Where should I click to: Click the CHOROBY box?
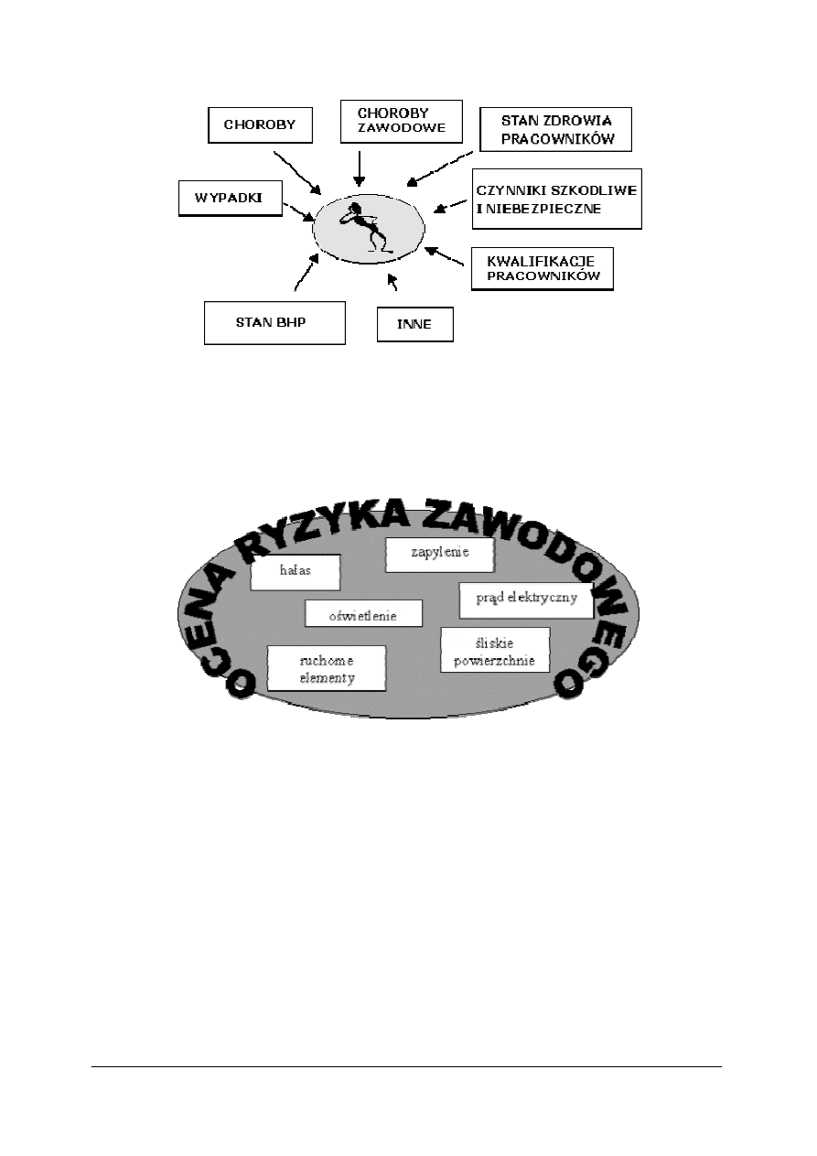tap(260, 126)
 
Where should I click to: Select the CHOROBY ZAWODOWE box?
tap(393, 122)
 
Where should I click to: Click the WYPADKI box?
tap(230, 198)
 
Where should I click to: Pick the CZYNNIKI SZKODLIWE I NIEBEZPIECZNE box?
tap(557, 199)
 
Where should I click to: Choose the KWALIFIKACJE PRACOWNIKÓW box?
tap(542, 268)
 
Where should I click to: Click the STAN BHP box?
tap(274, 322)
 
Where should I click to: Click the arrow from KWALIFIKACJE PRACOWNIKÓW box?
tap(448, 254)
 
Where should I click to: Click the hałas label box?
tap(296, 572)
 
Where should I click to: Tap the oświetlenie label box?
tap(363, 614)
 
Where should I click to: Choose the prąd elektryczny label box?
tap(526, 600)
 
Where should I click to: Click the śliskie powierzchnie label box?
tap(495, 651)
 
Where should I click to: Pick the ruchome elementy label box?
tap(326, 669)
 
